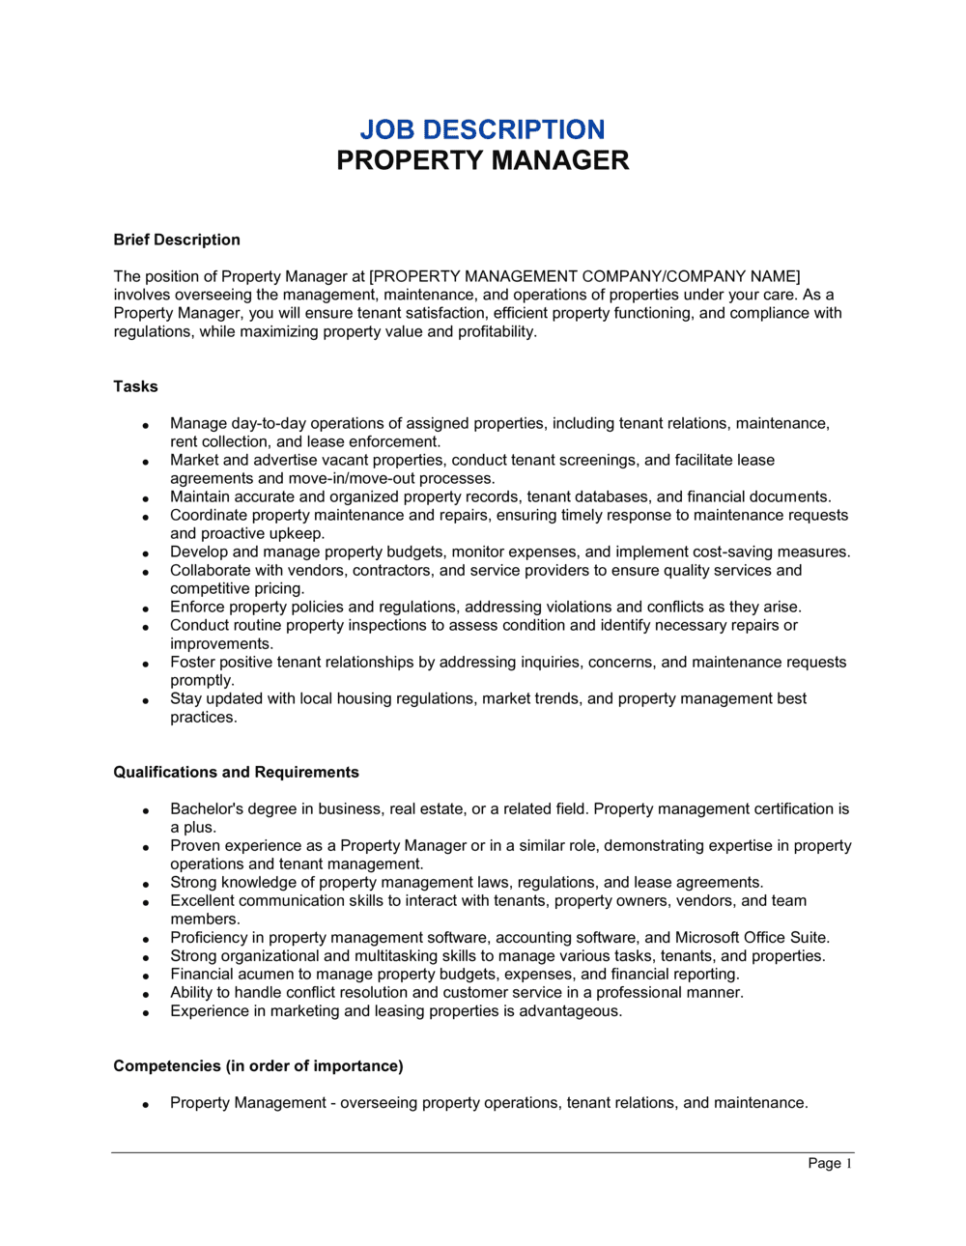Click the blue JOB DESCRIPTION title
point(482,129)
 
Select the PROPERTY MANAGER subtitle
point(482,160)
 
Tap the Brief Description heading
point(177,240)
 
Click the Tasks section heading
point(135,386)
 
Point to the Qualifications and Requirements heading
point(236,772)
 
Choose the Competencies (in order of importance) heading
point(258,1065)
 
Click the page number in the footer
point(830,1163)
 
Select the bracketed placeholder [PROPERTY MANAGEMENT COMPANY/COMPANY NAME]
point(584,276)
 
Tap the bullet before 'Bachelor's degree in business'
point(146,811)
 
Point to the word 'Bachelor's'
point(205,808)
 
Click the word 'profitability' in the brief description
point(496,331)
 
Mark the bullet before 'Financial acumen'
point(146,977)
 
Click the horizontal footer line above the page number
point(482,1152)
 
